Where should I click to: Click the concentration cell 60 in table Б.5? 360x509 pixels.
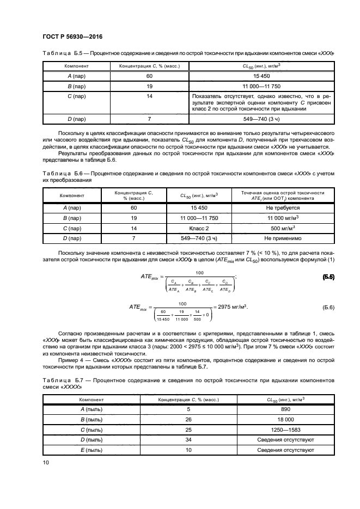pos(149,76)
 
